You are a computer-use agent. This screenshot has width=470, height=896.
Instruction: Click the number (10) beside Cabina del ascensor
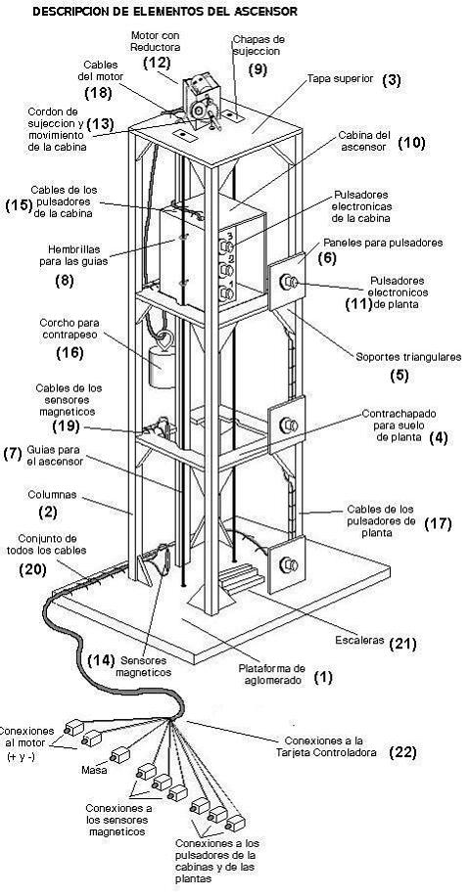click(x=411, y=143)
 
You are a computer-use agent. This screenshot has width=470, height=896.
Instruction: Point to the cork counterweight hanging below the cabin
click(x=163, y=368)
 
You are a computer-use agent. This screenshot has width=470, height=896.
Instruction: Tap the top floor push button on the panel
click(x=291, y=284)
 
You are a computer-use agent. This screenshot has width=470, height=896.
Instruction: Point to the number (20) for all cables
click(x=33, y=568)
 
